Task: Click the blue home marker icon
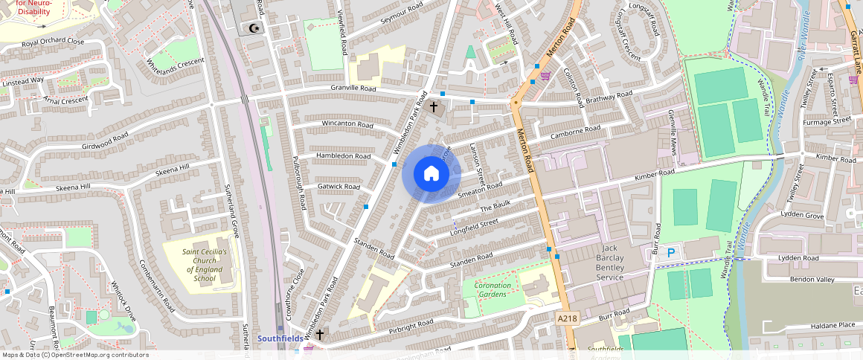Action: tap(431, 173)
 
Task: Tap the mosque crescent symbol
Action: tap(255, 28)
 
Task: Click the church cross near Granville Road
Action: tap(434, 107)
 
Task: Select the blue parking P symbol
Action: tap(670, 253)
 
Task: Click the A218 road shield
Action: tap(567, 318)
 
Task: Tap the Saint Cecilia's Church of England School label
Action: tap(199, 265)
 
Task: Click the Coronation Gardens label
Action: tap(493, 289)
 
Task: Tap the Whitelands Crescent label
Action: tap(176, 62)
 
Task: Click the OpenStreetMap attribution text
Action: tap(74, 355)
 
